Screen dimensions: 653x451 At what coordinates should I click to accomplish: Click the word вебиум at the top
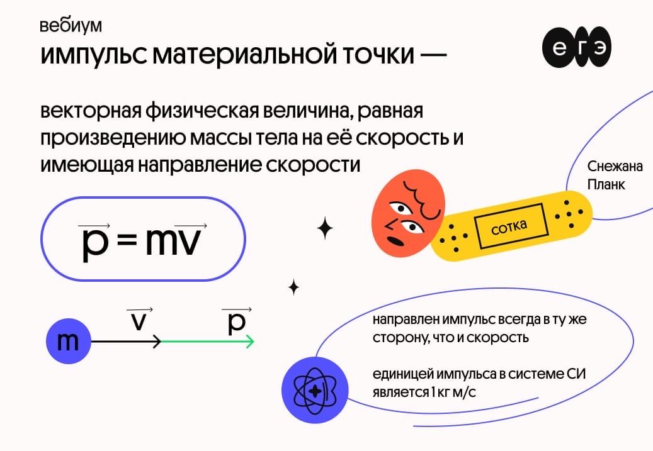(x=71, y=26)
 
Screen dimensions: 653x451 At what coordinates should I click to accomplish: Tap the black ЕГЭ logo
(x=577, y=47)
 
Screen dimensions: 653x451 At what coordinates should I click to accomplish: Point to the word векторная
(x=91, y=111)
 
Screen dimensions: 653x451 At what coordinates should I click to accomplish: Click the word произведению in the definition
(x=112, y=138)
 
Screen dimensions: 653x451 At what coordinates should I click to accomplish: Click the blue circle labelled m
(x=68, y=341)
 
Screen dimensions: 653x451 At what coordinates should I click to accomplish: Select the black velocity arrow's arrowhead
(x=158, y=342)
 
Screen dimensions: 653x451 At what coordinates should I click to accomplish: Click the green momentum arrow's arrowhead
(x=250, y=342)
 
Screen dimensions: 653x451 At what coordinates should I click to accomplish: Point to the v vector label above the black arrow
(x=140, y=320)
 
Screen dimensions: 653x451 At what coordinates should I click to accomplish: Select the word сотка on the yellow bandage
(x=509, y=226)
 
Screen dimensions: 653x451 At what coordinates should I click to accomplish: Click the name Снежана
(x=615, y=167)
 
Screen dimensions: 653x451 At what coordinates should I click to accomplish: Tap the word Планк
(x=606, y=184)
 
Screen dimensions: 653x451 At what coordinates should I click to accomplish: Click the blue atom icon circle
(x=315, y=391)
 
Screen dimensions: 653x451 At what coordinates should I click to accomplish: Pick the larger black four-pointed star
(x=325, y=228)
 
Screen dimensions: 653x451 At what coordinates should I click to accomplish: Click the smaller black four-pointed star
(x=294, y=287)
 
